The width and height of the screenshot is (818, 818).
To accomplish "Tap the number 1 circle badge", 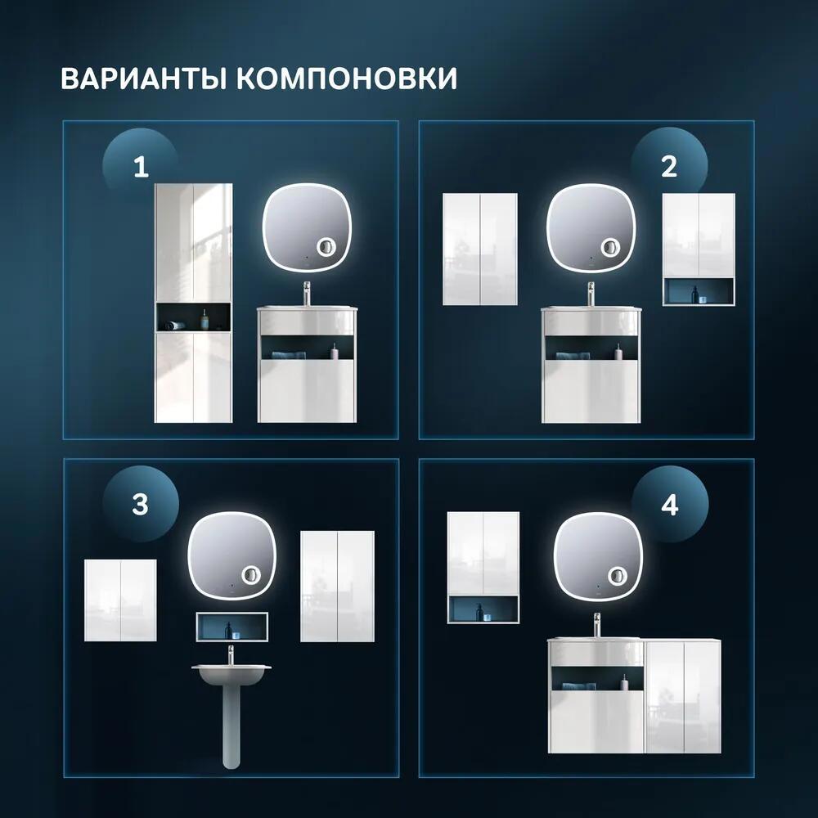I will point(140,168).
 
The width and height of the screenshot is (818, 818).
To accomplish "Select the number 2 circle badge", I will point(669,167).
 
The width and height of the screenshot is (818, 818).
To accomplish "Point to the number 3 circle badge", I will point(140,504).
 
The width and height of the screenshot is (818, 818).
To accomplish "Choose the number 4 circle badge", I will point(669,505).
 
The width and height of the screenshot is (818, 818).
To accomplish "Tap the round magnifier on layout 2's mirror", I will point(609,248).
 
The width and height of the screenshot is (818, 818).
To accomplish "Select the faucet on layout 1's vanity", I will point(307,293).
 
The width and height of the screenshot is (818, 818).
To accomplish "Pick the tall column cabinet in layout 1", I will point(194,303).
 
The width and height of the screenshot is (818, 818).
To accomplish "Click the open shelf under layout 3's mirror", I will point(232,627).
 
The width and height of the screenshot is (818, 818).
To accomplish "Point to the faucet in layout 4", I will point(598,625).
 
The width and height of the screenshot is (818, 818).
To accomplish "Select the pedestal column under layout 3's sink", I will point(231,728).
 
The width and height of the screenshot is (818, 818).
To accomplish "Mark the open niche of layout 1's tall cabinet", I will point(194,317).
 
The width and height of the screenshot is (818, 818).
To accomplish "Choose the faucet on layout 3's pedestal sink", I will point(231,654).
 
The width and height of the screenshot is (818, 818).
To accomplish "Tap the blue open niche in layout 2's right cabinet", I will point(698,291).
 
